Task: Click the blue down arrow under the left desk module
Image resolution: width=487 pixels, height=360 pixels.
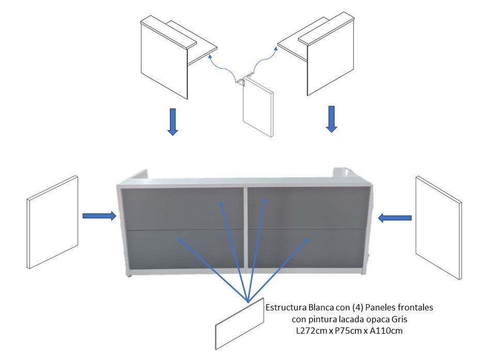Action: click(172, 122)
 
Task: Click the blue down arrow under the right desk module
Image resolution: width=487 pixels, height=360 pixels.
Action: click(332, 119)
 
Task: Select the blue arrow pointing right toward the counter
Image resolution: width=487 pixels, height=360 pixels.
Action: click(99, 215)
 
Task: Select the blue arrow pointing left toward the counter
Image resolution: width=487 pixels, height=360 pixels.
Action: click(395, 218)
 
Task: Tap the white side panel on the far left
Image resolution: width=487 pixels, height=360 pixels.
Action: click(53, 222)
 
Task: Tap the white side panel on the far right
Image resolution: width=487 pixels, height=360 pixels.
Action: click(438, 228)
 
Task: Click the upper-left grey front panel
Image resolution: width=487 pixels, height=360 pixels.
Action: click(183, 209)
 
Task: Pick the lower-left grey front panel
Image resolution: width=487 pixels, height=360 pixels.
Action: click(185, 249)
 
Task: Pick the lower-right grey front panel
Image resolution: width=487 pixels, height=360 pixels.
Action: click(306, 248)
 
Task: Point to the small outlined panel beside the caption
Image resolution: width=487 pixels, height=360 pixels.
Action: click(240, 324)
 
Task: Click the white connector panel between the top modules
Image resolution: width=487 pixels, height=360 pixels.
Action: click(258, 107)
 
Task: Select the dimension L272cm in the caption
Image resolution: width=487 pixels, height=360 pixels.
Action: click(314, 331)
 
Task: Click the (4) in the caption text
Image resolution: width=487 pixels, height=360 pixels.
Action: click(357, 307)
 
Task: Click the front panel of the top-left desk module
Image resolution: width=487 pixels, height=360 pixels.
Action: click(164, 61)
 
